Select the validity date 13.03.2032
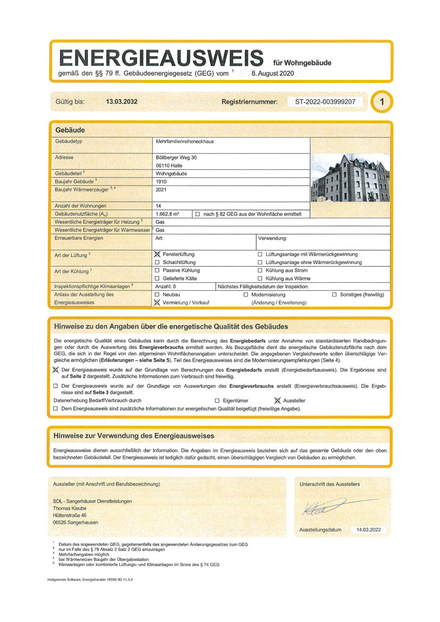tap(122, 102)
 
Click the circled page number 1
tap(383, 102)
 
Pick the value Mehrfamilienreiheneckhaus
tap(185, 142)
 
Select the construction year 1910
tap(162, 181)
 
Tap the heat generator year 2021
tap(162, 189)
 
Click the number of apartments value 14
tap(159, 206)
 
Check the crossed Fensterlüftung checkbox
tap(157, 255)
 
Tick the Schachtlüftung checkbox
tap(157, 263)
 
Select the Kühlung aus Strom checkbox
tap(260, 271)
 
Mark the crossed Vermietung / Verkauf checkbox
tap(157, 302)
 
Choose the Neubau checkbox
tap(157, 295)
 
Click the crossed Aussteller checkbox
tap(278, 401)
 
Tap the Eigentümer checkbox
tap(217, 401)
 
